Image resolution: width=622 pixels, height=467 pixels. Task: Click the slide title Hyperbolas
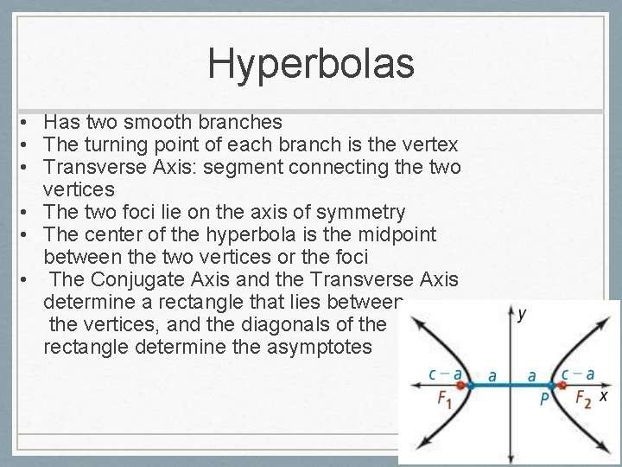(311, 62)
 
